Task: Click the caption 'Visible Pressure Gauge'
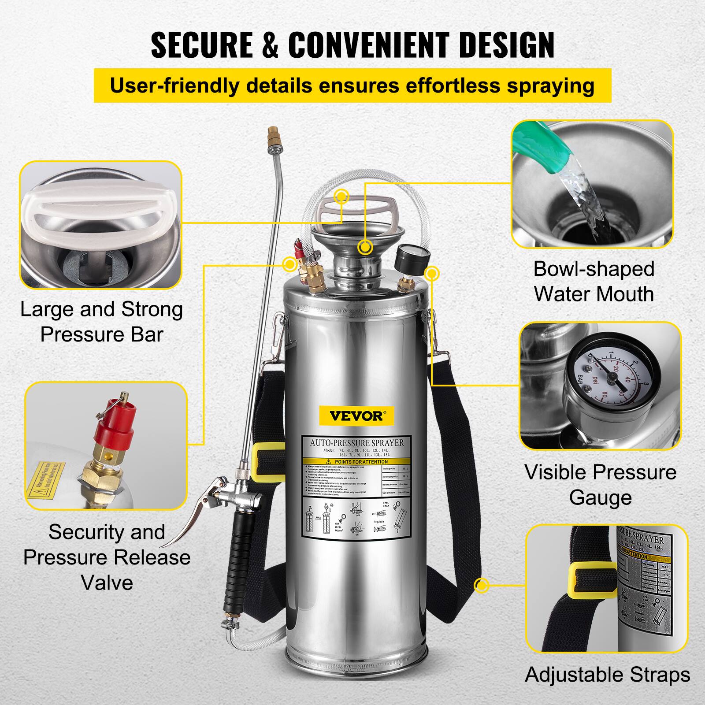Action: coord(600,485)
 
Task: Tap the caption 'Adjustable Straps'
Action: coord(608,675)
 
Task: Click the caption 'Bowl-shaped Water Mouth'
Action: coord(594,282)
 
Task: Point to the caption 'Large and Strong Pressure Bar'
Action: coord(101,322)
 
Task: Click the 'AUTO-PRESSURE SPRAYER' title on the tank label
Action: coord(357,442)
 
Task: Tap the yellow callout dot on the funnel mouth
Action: coord(364,247)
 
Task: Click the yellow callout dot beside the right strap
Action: coord(482,586)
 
